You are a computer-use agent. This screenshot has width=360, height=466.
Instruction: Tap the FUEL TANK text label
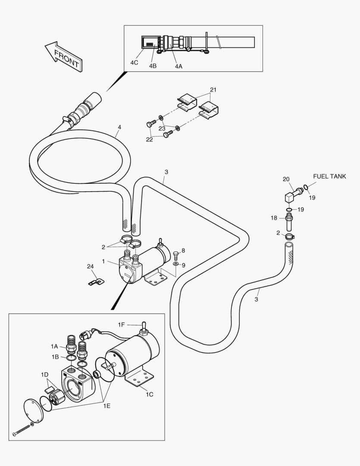329,176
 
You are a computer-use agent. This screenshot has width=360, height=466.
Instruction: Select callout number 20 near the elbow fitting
286,179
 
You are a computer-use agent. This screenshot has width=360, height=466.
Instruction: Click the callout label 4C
134,63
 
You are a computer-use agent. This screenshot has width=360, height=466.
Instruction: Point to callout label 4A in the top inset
178,66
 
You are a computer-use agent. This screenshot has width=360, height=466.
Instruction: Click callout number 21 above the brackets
213,90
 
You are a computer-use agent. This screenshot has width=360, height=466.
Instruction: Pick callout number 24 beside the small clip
90,266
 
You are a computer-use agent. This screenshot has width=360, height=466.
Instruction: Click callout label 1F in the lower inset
122,324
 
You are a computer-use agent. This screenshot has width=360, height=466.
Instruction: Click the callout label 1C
150,394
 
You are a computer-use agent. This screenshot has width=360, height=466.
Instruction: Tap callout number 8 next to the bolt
183,251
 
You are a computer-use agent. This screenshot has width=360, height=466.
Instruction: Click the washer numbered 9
176,264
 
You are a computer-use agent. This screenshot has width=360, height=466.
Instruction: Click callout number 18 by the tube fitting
274,218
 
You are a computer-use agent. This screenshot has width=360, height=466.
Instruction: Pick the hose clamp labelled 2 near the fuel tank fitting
288,236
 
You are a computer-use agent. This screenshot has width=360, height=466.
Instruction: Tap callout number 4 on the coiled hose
119,127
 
